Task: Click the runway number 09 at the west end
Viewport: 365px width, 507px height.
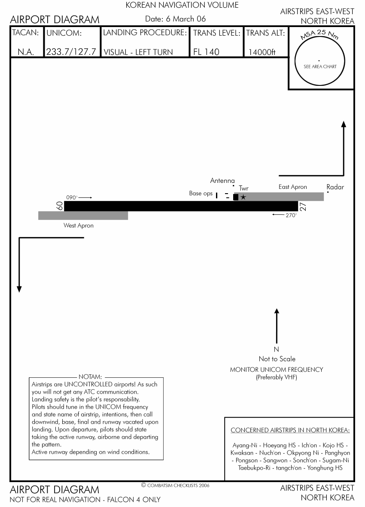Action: (60, 206)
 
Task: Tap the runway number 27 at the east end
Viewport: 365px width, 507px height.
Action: (303, 206)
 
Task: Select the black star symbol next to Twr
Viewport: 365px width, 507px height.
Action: (243, 197)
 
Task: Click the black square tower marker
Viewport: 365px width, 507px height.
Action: (235, 197)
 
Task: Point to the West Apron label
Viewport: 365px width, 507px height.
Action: (79, 225)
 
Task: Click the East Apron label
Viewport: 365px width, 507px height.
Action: (293, 187)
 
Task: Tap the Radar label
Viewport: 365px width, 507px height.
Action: (335, 187)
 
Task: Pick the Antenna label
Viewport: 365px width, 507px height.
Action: (222, 181)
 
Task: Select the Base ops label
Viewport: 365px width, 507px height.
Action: (201, 194)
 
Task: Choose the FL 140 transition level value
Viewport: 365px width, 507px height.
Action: (206, 52)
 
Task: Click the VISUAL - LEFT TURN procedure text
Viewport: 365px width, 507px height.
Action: (138, 52)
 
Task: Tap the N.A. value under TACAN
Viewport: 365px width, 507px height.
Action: (26, 52)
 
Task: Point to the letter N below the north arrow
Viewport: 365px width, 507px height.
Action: (277, 349)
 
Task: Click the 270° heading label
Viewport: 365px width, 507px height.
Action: (291, 216)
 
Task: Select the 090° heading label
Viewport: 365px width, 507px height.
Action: (72, 197)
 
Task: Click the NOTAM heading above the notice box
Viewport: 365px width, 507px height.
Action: (90, 377)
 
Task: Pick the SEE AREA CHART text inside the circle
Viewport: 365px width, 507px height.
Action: (320, 67)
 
